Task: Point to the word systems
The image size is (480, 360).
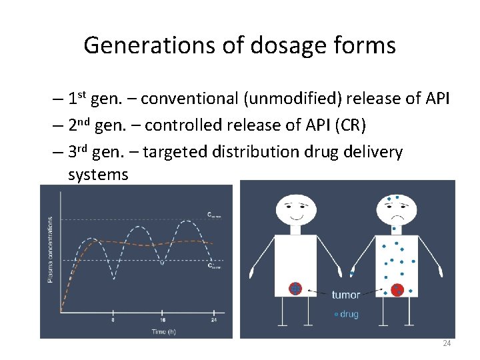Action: (x=98, y=174)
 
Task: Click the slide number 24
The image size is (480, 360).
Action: (x=447, y=343)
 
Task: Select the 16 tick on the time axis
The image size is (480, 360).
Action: (x=162, y=319)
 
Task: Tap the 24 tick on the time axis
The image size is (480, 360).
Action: (x=213, y=319)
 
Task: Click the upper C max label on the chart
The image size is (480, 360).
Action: (x=213, y=215)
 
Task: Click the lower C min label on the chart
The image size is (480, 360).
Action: (x=214, y=265)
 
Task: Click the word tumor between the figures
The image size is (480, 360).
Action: (x=345, y=294)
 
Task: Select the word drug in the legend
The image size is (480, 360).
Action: (x=349, y=314)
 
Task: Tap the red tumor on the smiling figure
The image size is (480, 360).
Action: (x=295, y=289)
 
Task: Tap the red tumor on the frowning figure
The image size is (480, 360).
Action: (x=397, y=289)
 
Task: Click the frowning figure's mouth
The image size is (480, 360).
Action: (x=397, y=217)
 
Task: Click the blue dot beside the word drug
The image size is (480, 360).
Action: (x=335, y=314)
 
